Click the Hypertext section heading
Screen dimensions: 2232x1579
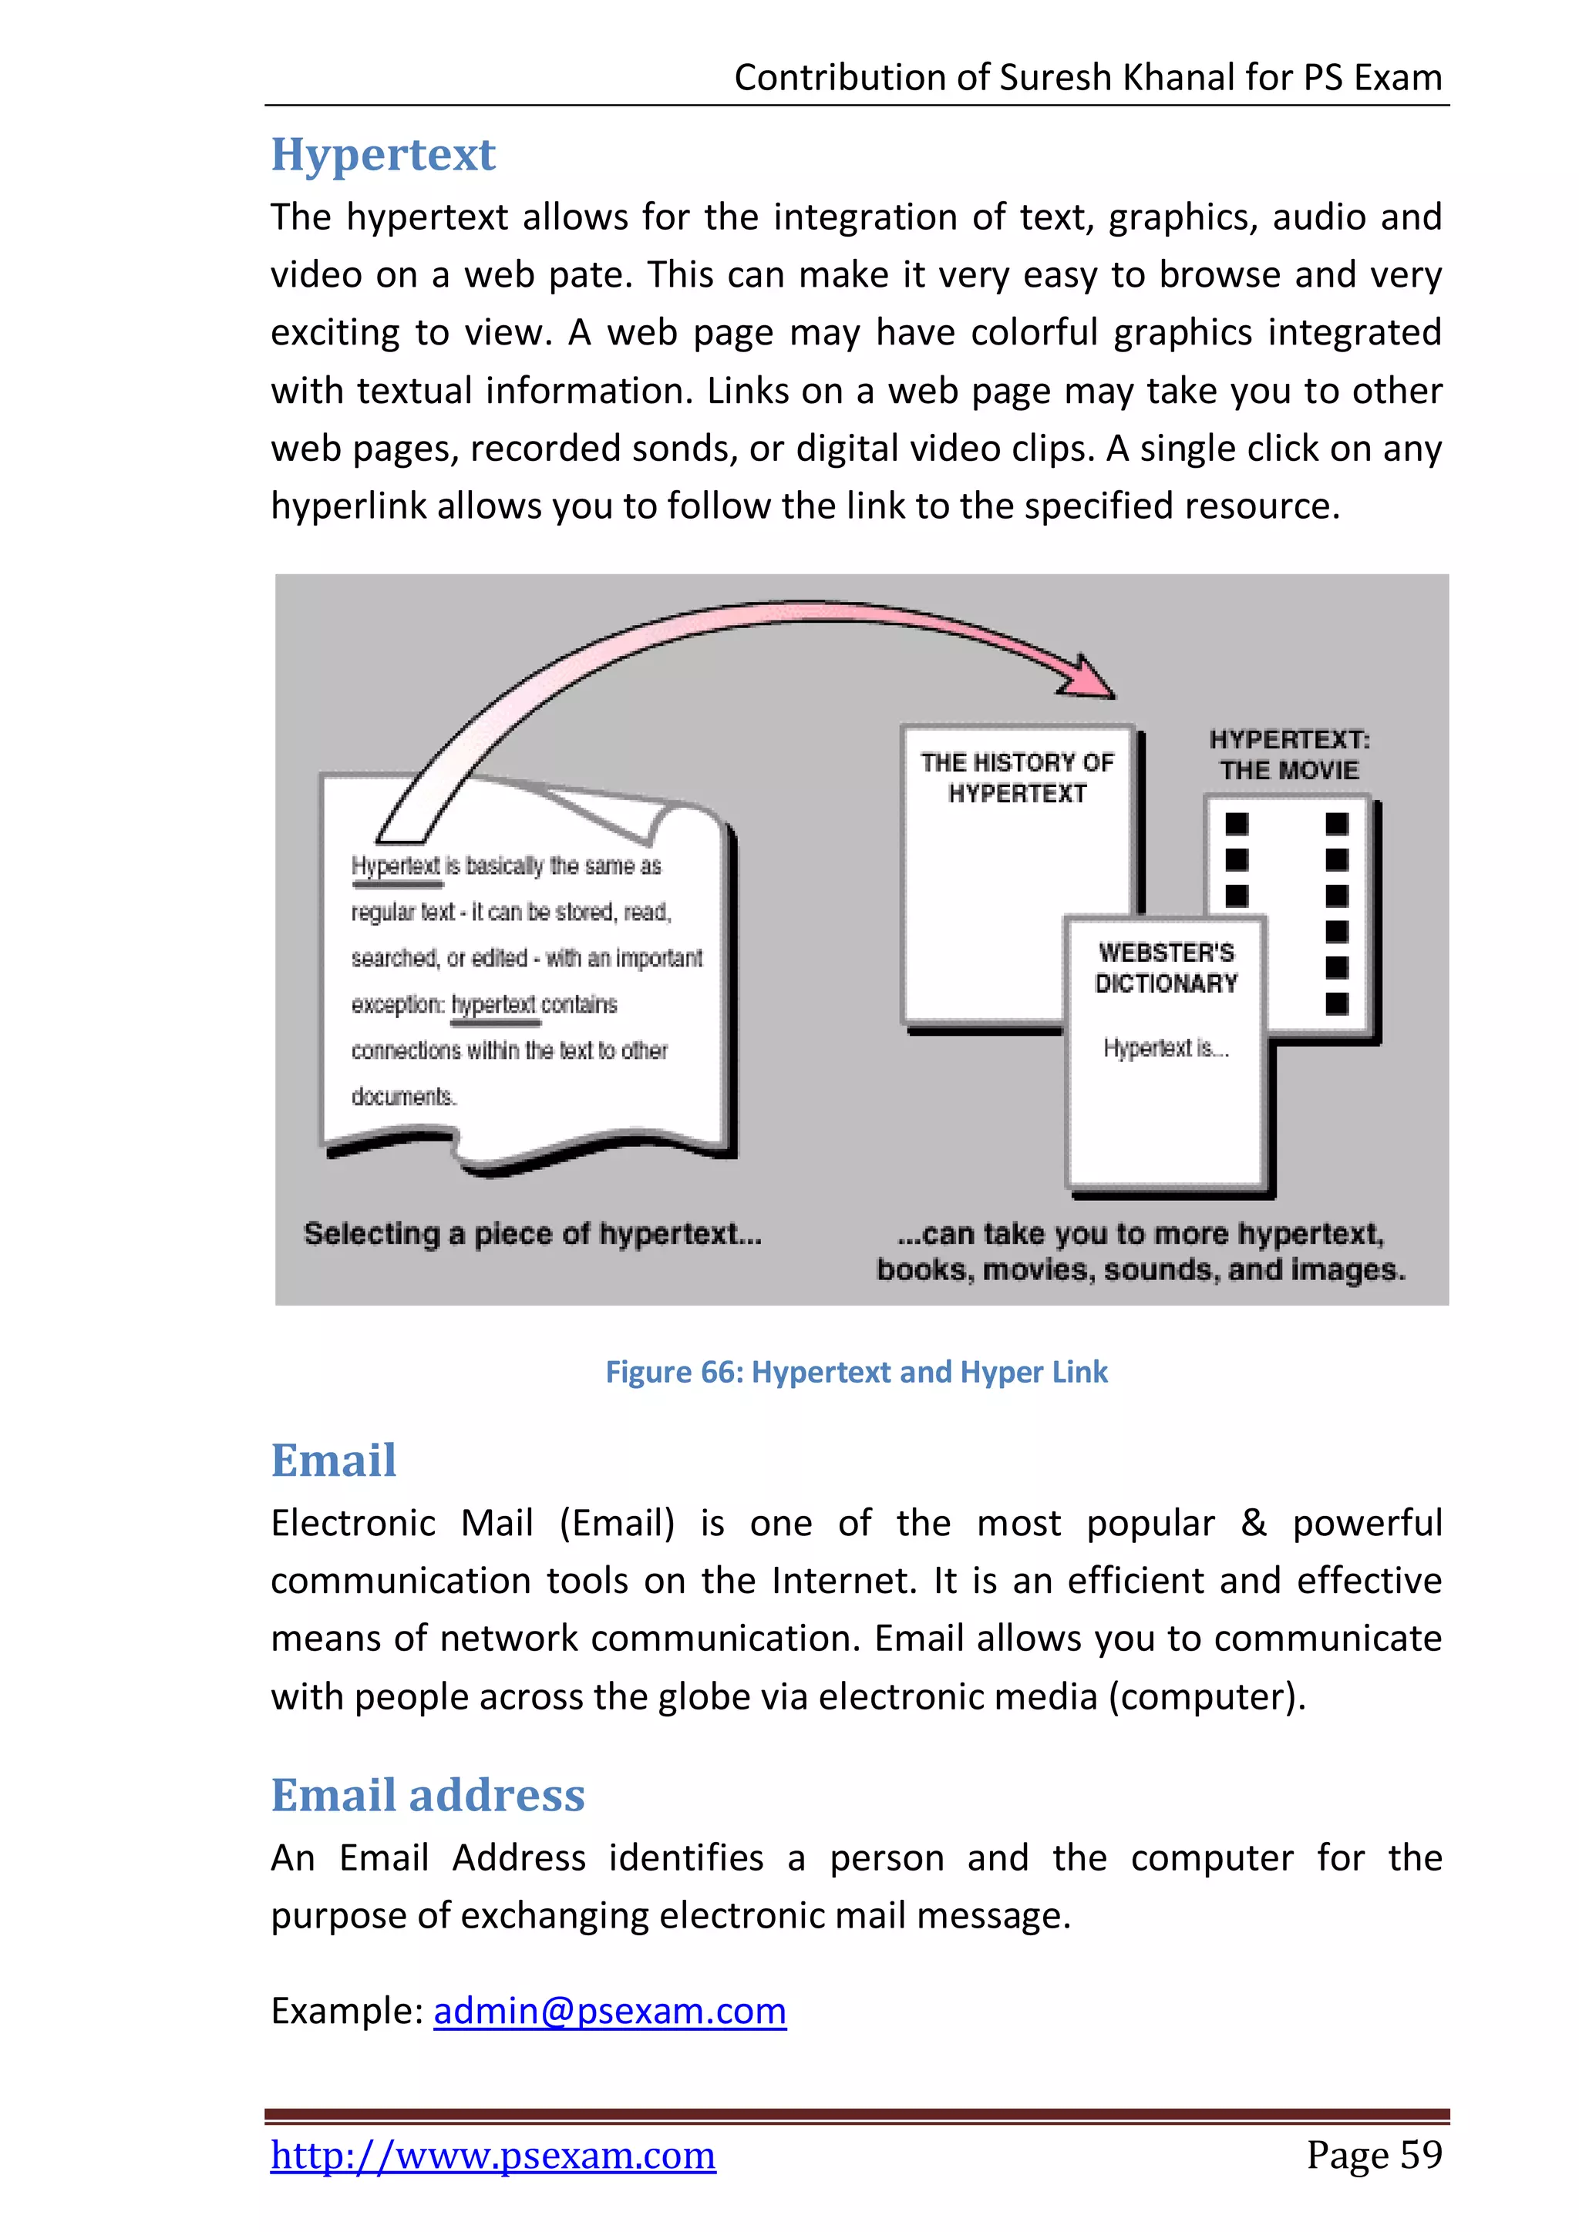[x=383, y=155]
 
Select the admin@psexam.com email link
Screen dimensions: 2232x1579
[x=610, y=2010]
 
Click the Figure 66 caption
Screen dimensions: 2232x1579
[x=856, y=1372]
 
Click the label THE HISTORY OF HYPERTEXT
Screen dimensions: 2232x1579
[x=1017, y=778]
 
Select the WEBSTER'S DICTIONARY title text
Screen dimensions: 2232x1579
[x=1166, y=967]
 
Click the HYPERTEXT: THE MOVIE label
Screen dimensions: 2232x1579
[x=1289, y=755]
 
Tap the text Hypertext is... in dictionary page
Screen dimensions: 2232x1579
[x=1165, y=1048]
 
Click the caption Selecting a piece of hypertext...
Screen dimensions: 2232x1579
[x=532, y=1234]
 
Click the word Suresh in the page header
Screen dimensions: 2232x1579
[x=1056, y=78]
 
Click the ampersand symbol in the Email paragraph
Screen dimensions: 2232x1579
[x=1254, y=1523]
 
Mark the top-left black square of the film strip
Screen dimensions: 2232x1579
[x=1236, y=823]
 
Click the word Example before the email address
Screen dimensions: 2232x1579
[x=346, y=2010]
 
